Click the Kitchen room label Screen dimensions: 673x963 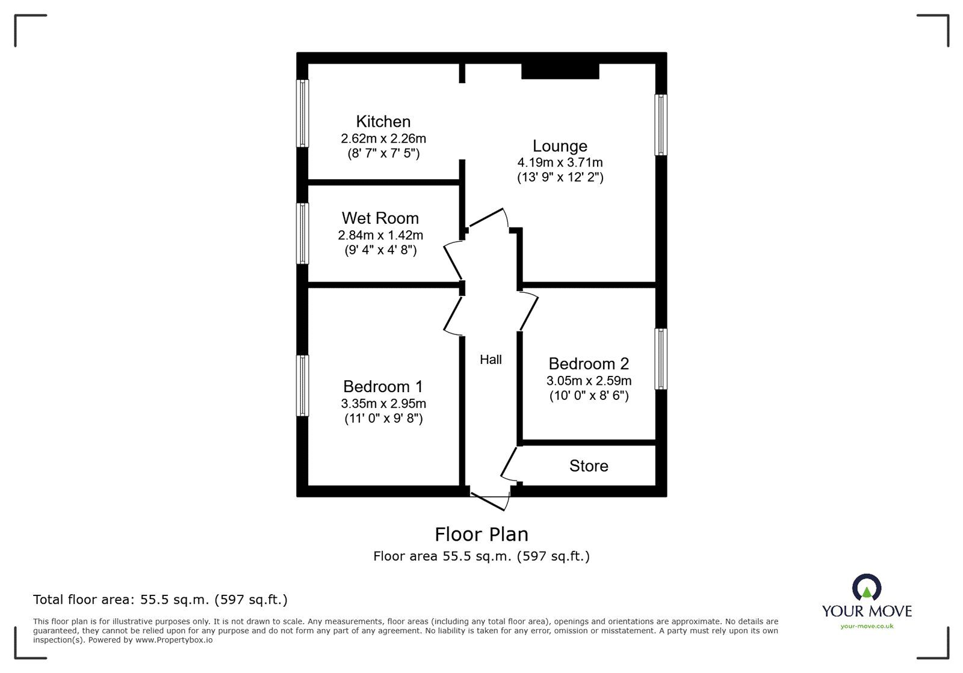383,121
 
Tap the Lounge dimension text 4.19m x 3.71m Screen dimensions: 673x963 560,162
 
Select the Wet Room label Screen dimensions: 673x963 380,218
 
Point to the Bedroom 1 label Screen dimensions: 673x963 383,386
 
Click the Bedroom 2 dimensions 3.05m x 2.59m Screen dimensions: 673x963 589,381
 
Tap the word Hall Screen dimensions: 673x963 491,360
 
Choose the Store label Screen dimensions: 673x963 589,466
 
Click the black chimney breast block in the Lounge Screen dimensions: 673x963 560,71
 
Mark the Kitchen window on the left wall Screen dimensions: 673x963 303,113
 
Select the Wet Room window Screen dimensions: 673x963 303,233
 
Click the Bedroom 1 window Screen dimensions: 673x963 303,386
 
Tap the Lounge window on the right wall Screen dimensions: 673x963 661,125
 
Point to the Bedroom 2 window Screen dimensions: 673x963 661,359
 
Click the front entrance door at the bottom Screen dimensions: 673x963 491,500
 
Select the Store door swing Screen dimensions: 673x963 509,463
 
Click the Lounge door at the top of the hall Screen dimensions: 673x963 488,219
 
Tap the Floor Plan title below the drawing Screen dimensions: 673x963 482,534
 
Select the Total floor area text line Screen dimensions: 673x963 160,600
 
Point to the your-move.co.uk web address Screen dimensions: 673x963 867,626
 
